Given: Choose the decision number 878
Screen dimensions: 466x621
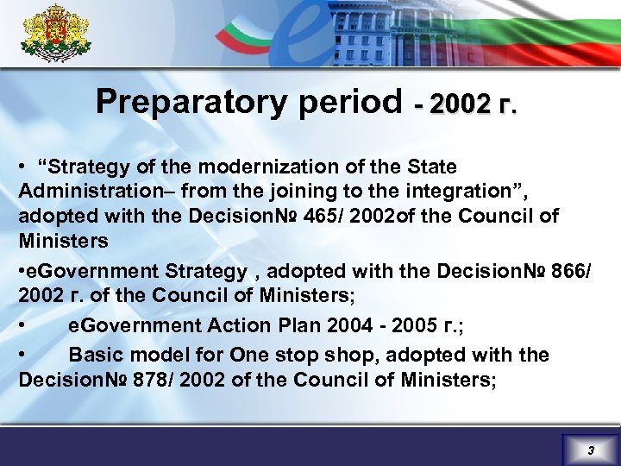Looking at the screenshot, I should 152,380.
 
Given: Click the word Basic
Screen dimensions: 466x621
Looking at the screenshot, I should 94,355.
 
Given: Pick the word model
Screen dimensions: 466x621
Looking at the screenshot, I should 154,355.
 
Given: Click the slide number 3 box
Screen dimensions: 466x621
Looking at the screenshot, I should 590,450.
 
